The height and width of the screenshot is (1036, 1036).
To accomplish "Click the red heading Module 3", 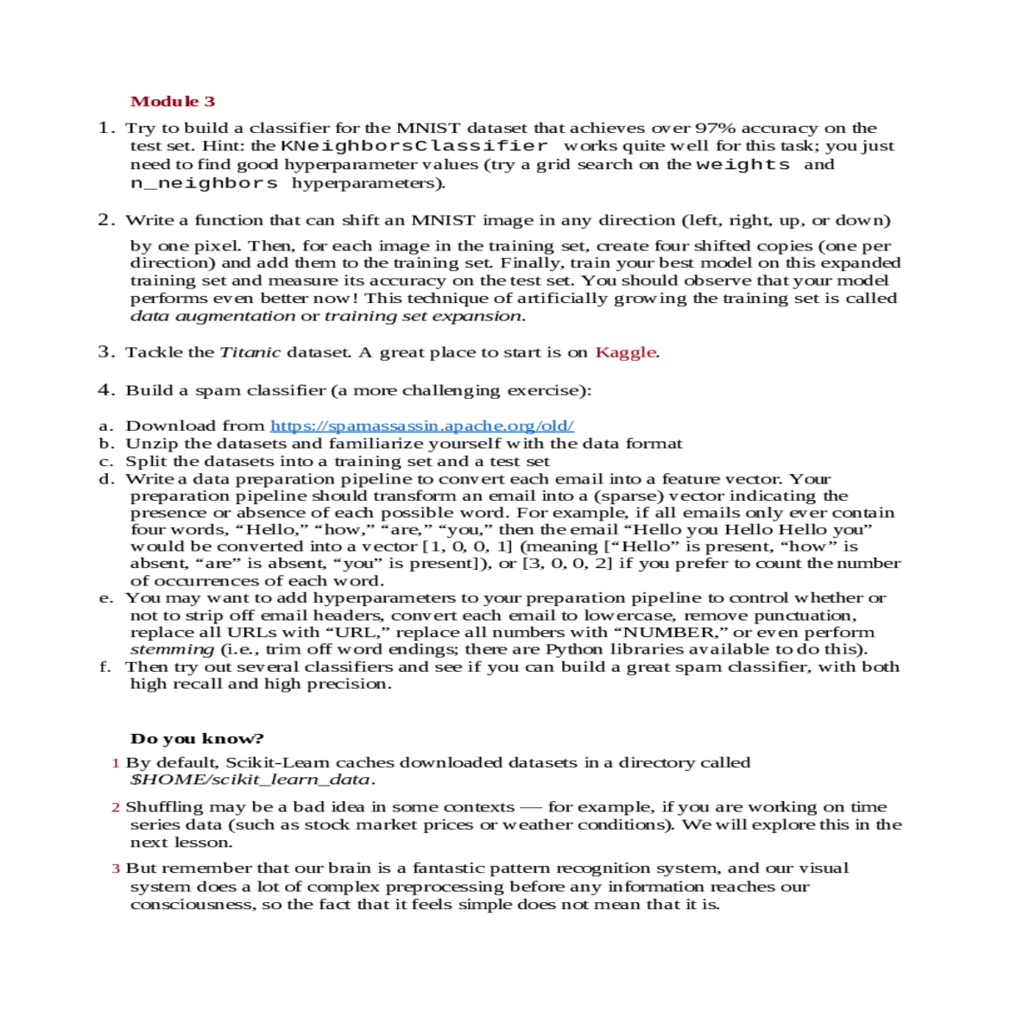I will pyautogui.click(x=173, y=102).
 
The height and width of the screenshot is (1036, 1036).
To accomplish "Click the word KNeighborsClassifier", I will pyautogui.click(x=414, y=146).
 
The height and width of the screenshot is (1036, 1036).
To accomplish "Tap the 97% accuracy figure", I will pyautogui.click(x=716, y=128).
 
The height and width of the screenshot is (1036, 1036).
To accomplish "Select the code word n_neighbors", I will pyautogui.click(x=204, y=183).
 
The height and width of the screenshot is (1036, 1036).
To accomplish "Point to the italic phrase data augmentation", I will pyautogui.click(x=212, y=316).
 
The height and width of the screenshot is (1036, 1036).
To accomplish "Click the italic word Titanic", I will pyautogui.click(x=250, y=352).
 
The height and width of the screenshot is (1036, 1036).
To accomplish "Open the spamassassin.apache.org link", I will pyautogui.click(x=422, y=426).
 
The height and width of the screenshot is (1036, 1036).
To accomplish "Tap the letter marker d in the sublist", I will pyautogui.click(x=105, y=479).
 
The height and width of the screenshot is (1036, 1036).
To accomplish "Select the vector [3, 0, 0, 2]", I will pyautogui.click(x=567, y=564).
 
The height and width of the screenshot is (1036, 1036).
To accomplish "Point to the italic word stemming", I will pyautogui.click(x=172, y=649).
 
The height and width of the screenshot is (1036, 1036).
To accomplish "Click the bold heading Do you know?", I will pyautogui.click(x=197, y=739).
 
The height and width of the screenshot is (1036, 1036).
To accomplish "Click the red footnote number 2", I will pyautogui.click(x=115, y=808).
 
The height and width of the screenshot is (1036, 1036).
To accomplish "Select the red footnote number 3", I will pyautogui.click(x=115, y=869).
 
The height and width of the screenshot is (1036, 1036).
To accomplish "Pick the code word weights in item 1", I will pyautogui.click(x=742, y=164).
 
